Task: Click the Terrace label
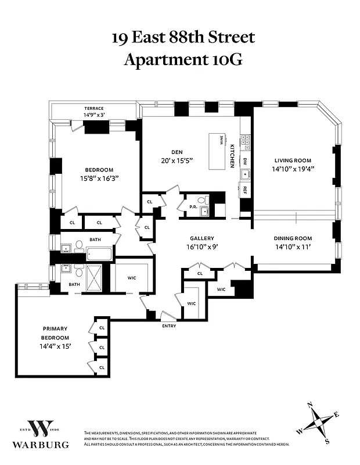(x=93, y=108)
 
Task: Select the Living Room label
(x=293, y=160)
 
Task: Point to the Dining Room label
(x=293, y=238)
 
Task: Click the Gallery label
(x=202, y=238)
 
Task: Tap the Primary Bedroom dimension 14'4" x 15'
(x=55, y=346)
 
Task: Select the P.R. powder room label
(x=192, y=206)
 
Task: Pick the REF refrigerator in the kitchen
(x=245, y=190)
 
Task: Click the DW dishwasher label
(x=245, y=160)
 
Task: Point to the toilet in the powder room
(x=203, y=201)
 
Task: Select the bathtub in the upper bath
(x=99, y=253)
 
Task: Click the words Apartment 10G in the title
(x=182, y=59)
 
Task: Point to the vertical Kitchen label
(x=232, y=155)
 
